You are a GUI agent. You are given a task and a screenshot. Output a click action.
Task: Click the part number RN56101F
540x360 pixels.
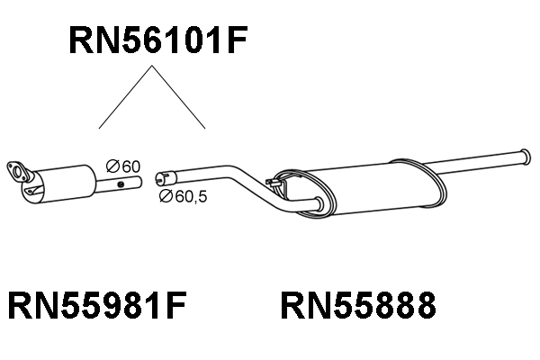[158, 40]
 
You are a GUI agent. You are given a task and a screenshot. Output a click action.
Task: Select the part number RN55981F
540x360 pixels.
[97, 305]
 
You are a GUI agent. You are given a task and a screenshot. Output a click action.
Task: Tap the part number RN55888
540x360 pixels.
[358, 305]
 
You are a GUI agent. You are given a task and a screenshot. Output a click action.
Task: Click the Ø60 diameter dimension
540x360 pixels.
[123, 166]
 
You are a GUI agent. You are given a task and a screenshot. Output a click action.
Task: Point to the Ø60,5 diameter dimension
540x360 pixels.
[184, 196]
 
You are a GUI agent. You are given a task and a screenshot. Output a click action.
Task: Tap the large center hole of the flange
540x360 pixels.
[16, 171]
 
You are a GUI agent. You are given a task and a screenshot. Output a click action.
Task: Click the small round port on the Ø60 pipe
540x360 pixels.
[121, 184]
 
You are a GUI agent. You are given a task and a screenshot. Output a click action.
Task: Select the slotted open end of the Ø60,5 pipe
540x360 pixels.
[166, 177]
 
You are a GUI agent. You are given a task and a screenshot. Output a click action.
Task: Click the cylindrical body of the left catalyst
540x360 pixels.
[62, 184]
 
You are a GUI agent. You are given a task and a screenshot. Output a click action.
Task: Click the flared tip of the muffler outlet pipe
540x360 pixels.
[525, 157]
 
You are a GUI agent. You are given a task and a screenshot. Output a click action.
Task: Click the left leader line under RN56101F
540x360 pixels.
[125, 97]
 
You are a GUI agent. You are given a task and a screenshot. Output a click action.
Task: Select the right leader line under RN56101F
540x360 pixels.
[179, 97]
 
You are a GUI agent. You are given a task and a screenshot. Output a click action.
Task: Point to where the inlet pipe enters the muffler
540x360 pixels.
[319, 204]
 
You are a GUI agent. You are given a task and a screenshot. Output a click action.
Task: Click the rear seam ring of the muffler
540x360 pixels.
[435, 184]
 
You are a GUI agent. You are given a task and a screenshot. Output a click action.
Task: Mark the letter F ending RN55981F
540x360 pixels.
[176, 305]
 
